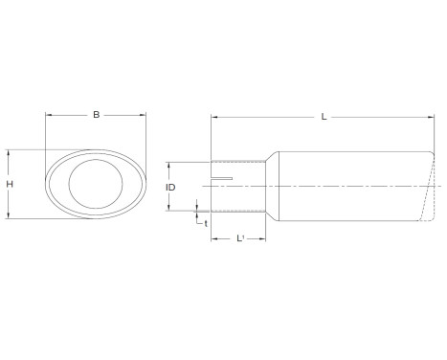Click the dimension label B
coord(96,116)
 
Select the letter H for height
coord(9,185)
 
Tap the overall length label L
coord(324,117)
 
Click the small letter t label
coord(205,223)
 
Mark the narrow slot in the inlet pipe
coord(222,179)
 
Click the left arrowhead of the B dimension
coord(48,117)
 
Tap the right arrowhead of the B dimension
coord(145,117)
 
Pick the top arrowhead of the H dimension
coord(8,151)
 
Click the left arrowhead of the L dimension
coord(213,118)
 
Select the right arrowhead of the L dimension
coord(433,118)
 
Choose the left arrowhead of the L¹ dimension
coord(213,238)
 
